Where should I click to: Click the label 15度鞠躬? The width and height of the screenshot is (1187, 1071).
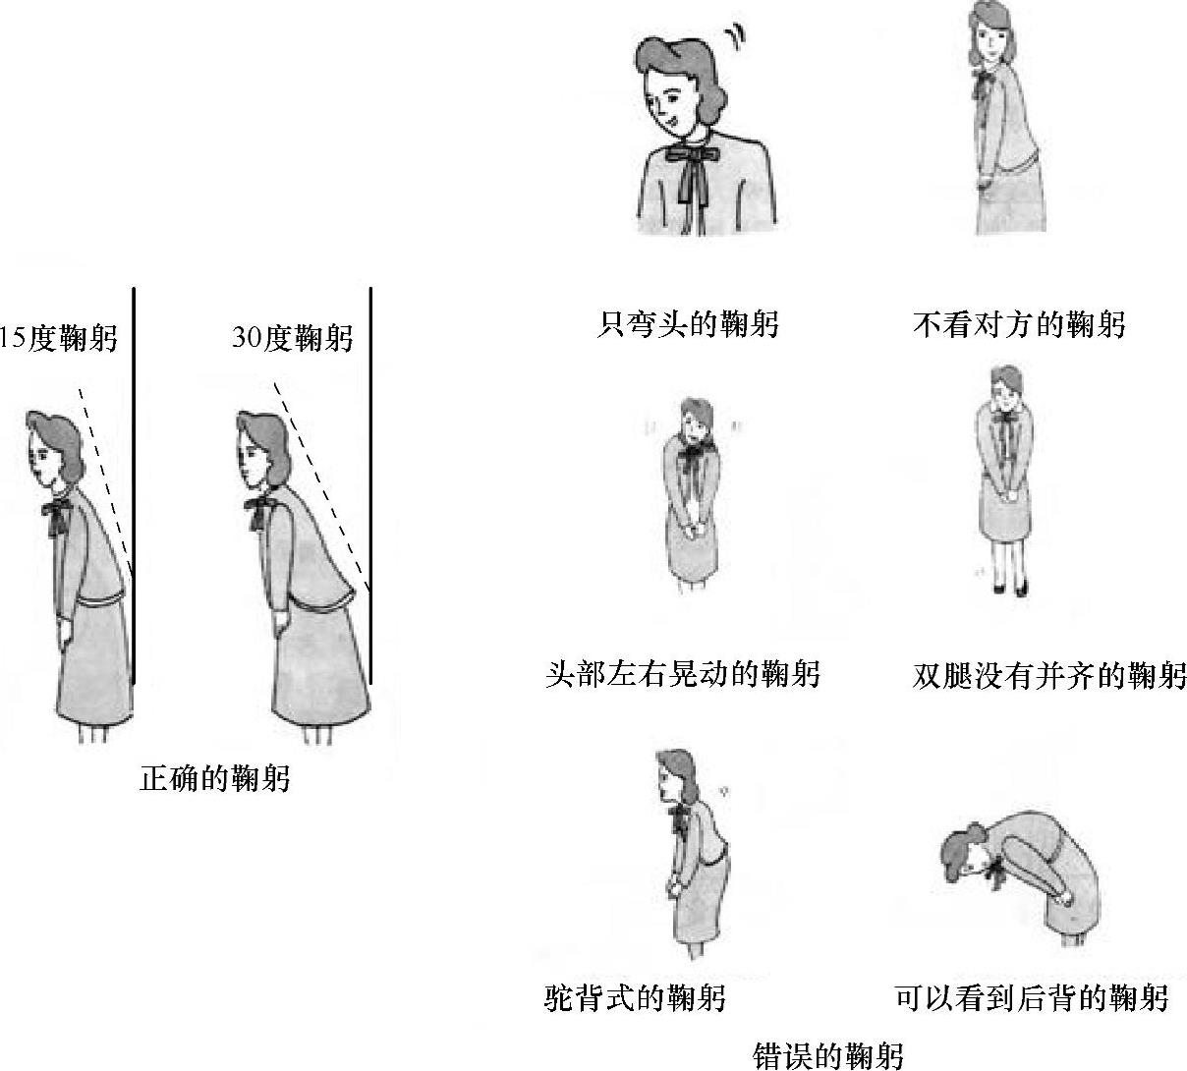[x=58, y=338]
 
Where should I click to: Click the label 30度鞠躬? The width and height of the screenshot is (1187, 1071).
[x=292, y=338]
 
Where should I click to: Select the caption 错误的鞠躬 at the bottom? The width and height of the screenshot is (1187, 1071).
[x=828, y=1054]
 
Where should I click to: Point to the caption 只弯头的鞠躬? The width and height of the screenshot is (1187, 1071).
[x=688, y=323]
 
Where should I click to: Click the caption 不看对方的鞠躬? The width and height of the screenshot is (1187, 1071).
[x=1019, y=324]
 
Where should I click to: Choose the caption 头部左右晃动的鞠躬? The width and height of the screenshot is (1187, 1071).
[x=683, y=673]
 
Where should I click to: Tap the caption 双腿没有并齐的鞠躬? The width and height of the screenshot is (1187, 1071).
[x=1049, y=675]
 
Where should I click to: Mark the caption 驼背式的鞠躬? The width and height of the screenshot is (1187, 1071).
[x=635, y=998]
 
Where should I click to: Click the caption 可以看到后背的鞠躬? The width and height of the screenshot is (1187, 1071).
[x=1032, y=998]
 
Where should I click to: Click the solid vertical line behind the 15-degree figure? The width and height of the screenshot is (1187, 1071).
[x=134, y=485]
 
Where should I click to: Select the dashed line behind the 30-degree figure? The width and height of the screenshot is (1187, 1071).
[x=322, y=487]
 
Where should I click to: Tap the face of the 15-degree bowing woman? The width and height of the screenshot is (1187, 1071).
[x=42, y=453]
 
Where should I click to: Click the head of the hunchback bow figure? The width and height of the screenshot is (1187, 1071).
[x=676, y=776]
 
